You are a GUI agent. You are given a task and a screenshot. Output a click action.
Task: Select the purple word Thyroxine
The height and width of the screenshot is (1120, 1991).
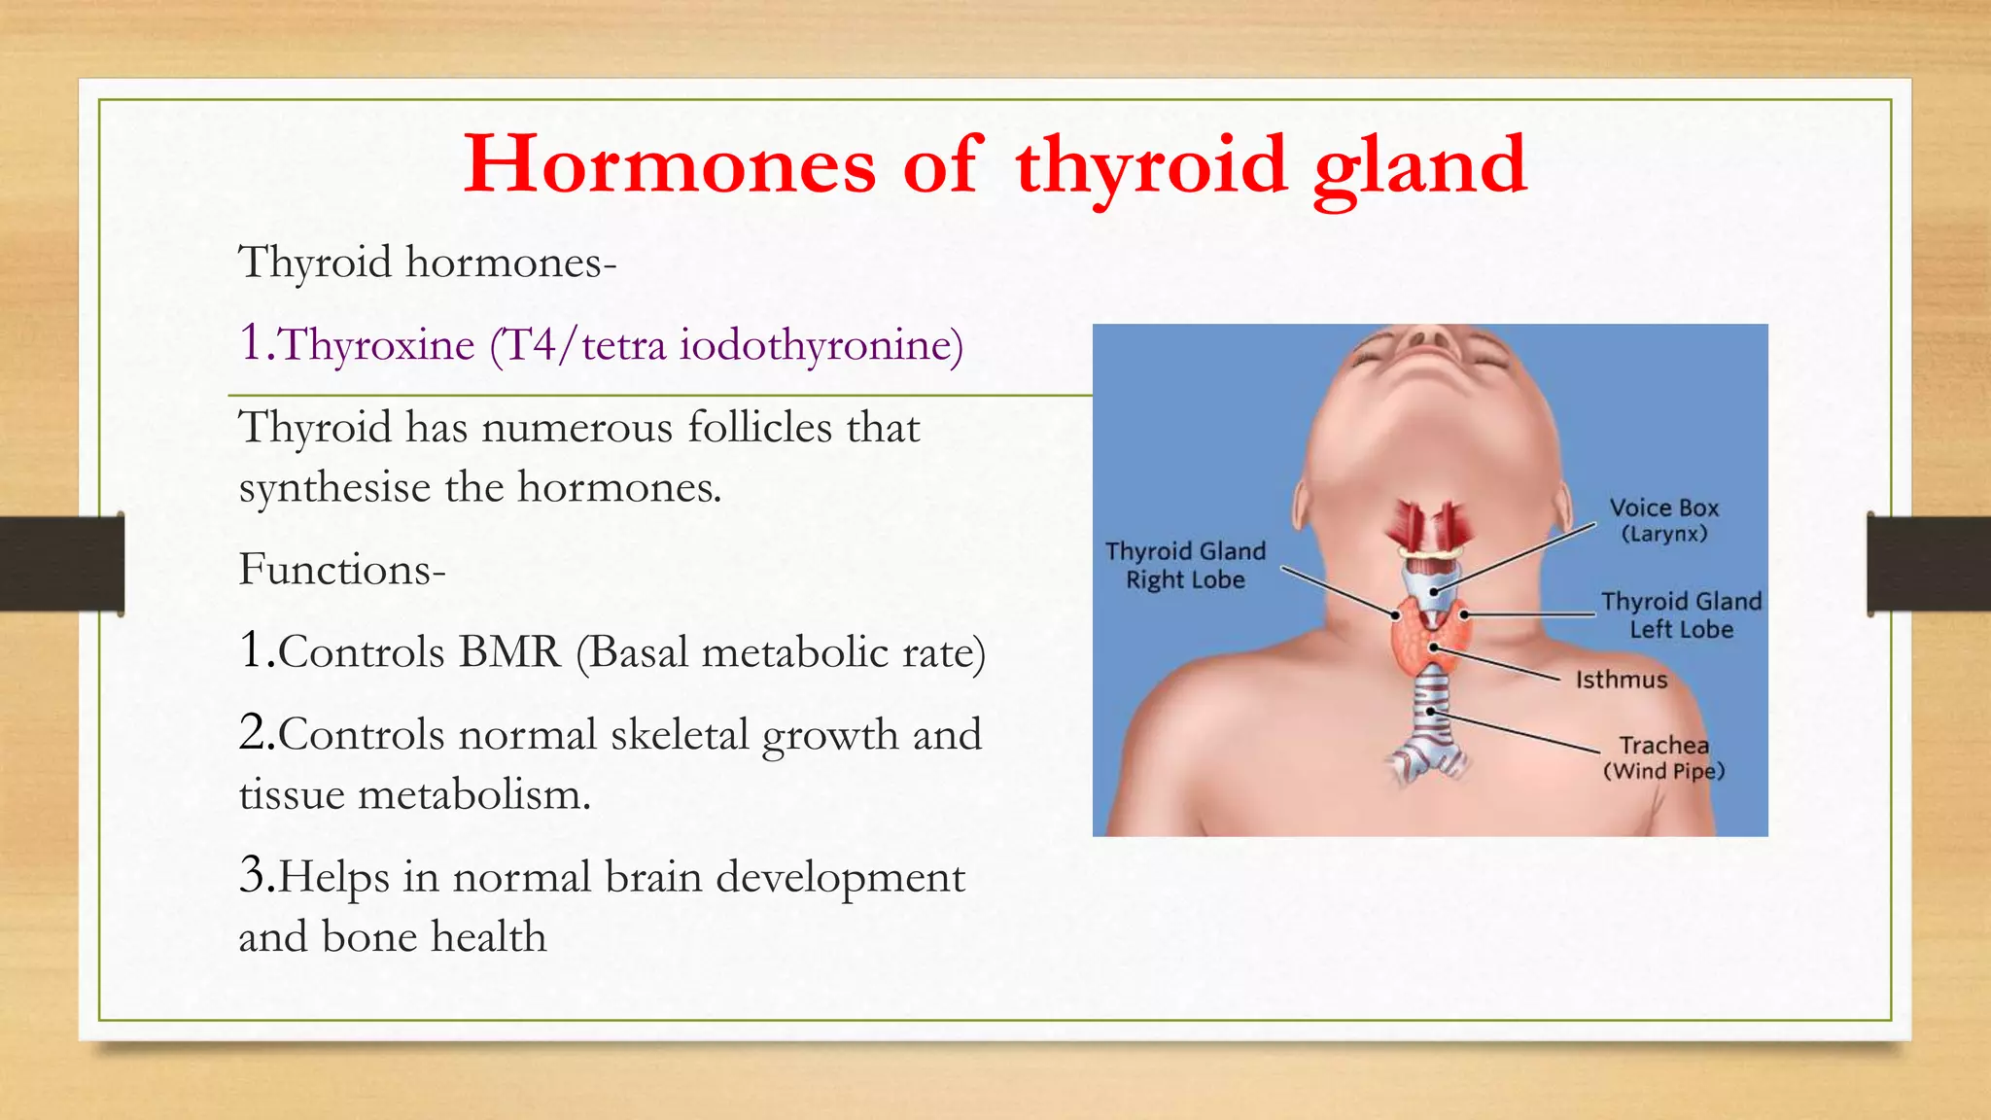pos(377,345)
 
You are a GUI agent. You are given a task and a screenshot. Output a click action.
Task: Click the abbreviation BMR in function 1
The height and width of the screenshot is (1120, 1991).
pos(510,652)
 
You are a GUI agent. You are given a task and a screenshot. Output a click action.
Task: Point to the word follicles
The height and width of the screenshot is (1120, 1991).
pos(759,428)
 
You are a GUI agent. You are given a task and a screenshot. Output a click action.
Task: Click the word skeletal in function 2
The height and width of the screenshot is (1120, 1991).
pos(680,735)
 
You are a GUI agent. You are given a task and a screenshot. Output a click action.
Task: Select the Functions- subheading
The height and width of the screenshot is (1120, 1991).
pos(342,570)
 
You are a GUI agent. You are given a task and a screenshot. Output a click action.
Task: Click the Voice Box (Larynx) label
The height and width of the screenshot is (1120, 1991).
pos(1663,520)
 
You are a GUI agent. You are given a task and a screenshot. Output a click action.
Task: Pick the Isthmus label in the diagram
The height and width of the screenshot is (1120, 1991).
pos(1621,680)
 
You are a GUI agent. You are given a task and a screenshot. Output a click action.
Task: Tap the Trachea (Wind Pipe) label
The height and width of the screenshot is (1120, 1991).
pos(1663,757)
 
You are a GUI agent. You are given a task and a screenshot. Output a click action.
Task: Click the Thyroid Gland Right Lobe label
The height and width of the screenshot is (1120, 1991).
pos(1185,565)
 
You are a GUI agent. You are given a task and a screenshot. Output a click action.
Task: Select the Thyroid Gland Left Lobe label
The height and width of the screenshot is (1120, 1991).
pos(1681,614)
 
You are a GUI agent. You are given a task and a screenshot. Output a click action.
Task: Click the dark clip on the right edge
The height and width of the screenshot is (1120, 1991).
pos(1929,564)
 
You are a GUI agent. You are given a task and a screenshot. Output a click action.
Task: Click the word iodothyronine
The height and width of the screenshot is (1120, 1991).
pos(821,345)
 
